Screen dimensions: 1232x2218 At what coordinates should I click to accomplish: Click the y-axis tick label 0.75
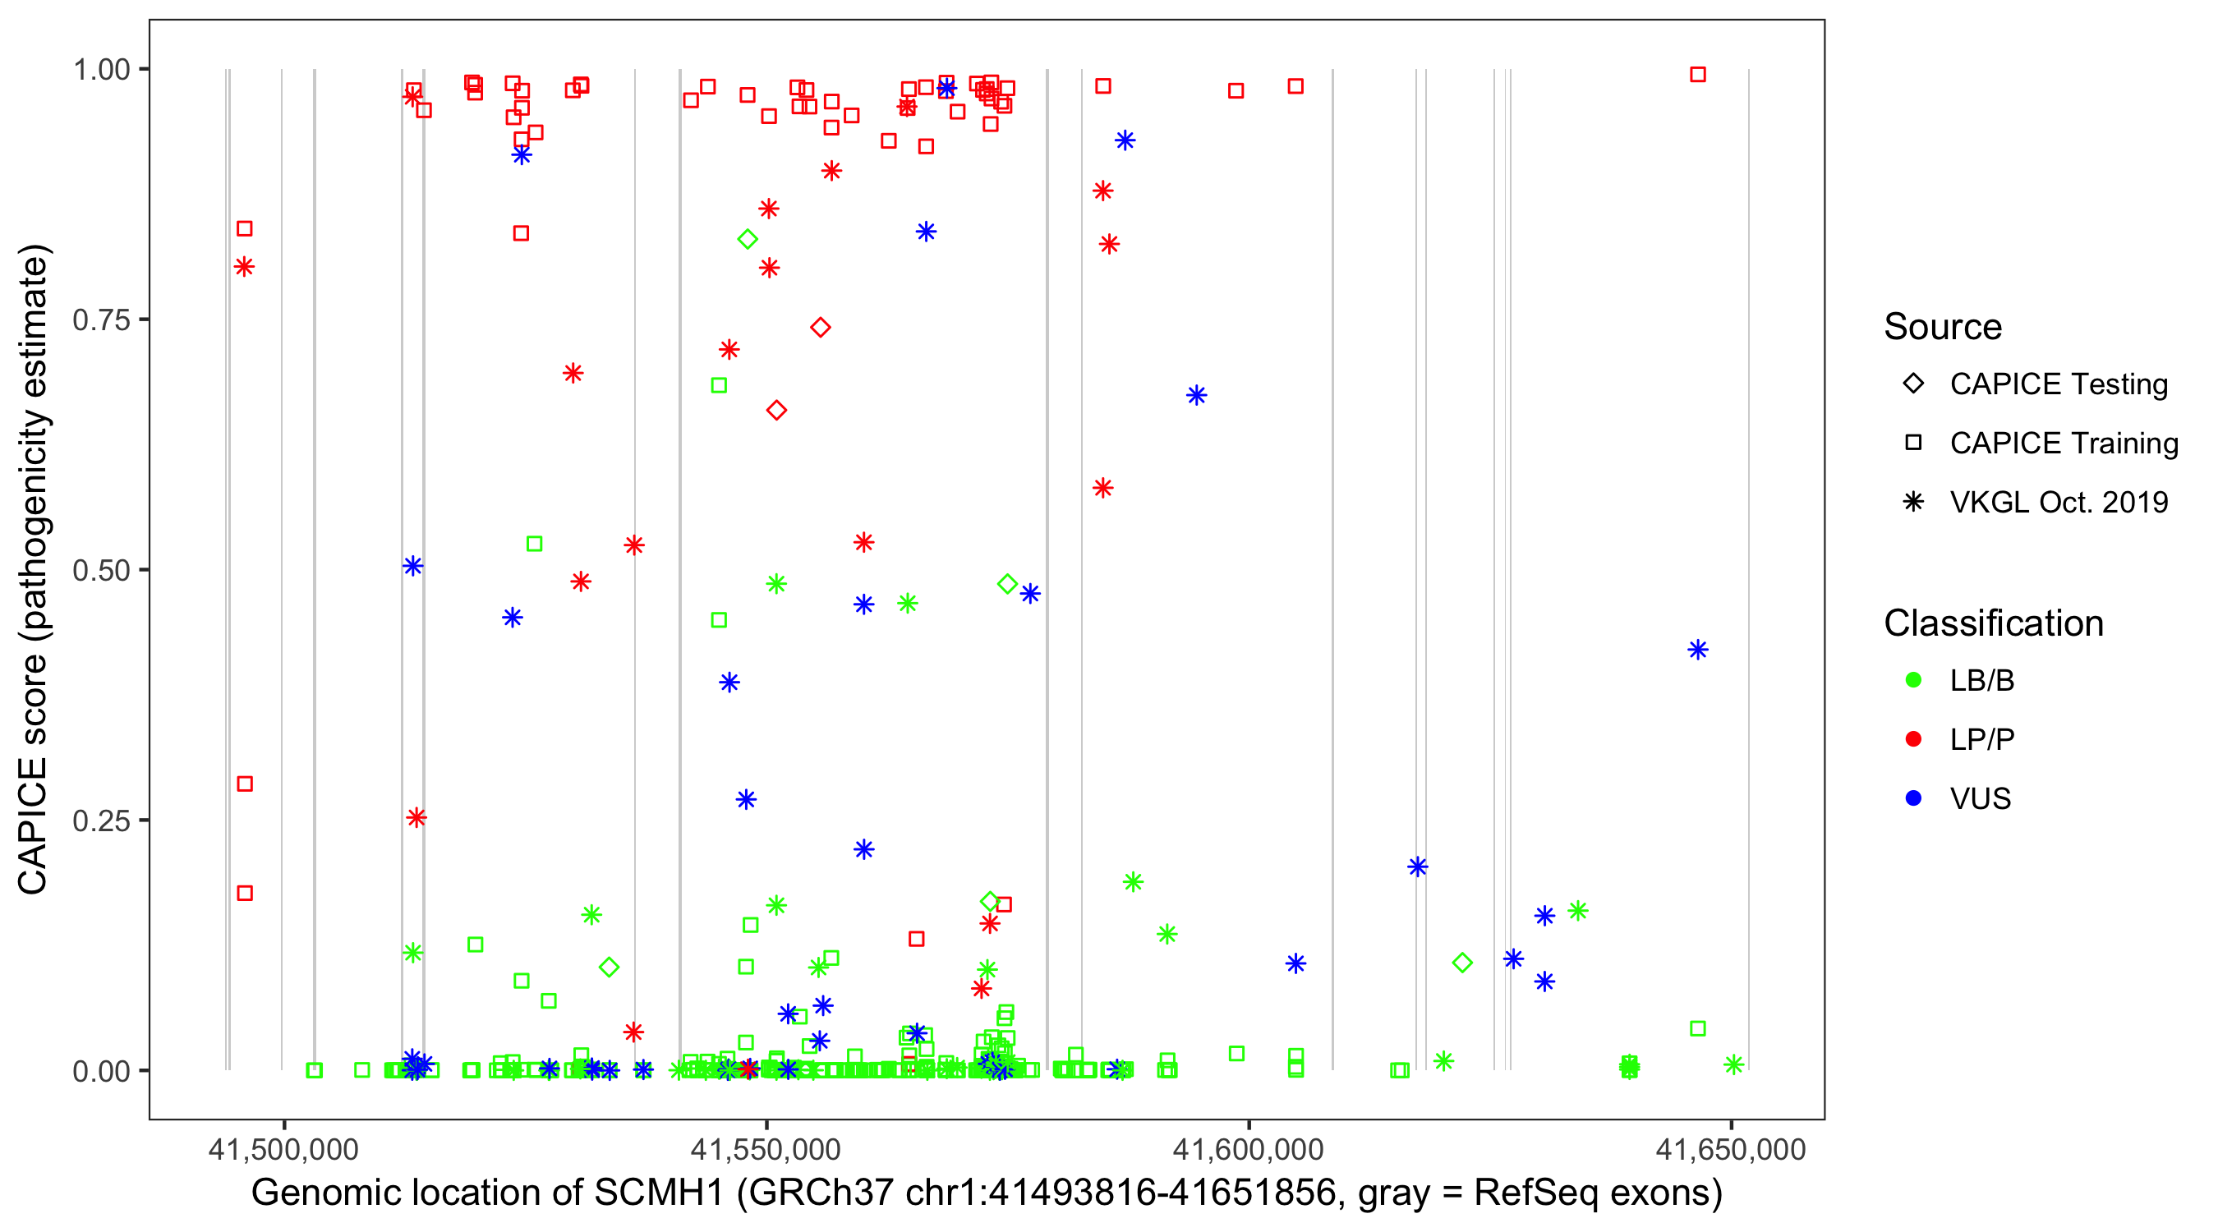(x=100, y=320)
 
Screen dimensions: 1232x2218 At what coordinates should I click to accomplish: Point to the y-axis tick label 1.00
(x=100, y=70)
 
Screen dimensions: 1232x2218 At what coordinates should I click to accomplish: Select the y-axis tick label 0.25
(x=100, y=821)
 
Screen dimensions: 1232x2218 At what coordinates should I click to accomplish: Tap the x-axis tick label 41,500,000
(x=283, y=1149)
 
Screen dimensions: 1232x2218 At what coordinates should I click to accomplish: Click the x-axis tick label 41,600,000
(x=1249, y=1149)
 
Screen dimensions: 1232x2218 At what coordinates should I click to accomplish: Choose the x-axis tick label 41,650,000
(x=1731, y=1149)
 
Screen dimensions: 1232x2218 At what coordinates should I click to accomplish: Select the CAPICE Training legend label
(x=2064, y=444)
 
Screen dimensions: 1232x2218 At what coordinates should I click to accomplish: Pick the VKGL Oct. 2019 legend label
(x=2059, y=503)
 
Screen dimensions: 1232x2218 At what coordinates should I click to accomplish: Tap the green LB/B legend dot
(x=1913, y=680)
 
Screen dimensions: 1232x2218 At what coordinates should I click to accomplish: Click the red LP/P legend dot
(x=1913, y=739)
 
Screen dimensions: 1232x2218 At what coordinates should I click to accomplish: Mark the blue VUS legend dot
(x=1913, y=799)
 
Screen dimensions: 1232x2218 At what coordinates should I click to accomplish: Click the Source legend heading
(x=1943, y=327)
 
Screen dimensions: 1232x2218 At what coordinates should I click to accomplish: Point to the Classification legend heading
(x=1993, y=623)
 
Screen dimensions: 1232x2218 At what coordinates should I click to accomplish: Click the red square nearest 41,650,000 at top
(x=1698, y=75)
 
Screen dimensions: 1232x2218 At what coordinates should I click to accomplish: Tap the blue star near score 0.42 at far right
(x=1698, y=650)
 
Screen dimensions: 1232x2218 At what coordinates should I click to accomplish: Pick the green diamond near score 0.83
(x=748, y=239)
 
